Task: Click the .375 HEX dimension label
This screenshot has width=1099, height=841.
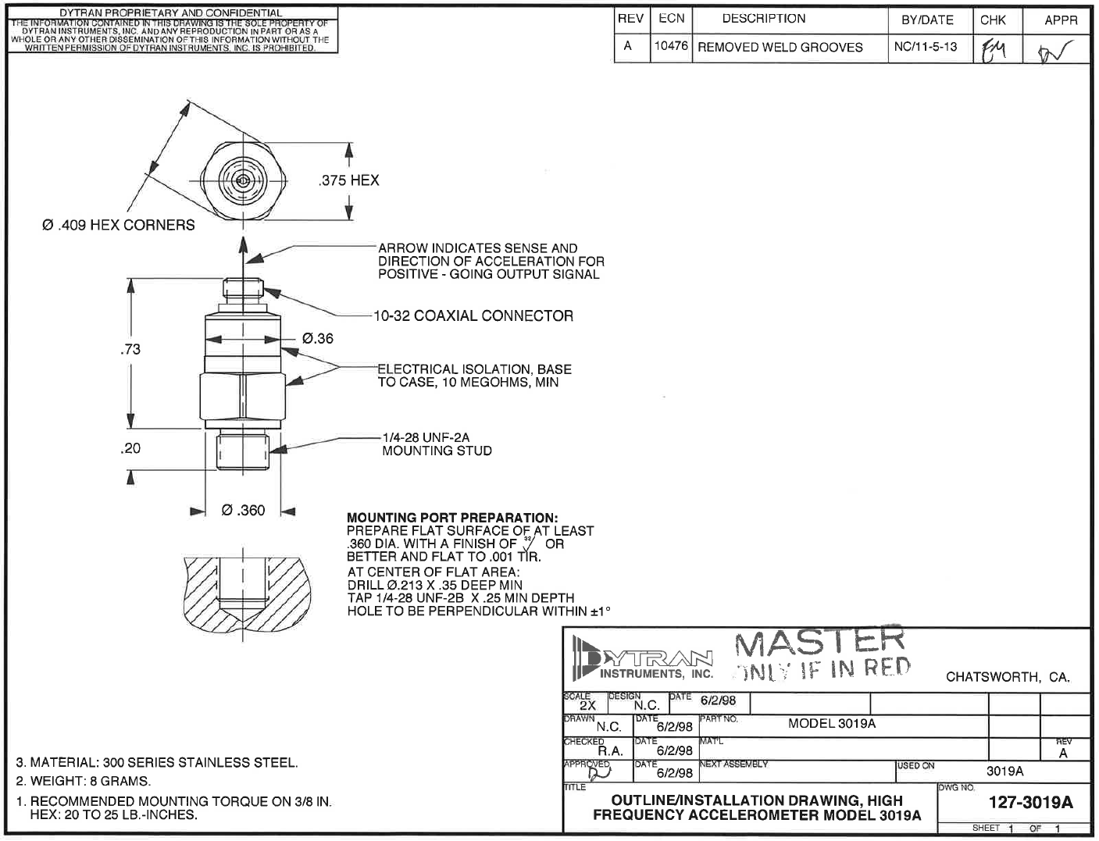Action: click(348, 180)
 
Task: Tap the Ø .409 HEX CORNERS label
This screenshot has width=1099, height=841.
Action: click(119, 225)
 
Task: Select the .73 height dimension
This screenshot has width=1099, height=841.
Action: click(130, 349)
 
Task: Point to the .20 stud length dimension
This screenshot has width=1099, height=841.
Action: click(130, 448)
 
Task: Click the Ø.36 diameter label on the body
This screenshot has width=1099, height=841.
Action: click(317, 338)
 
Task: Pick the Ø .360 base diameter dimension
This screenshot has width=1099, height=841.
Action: click(243, 510)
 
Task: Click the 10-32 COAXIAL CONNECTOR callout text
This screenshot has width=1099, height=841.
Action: click(473, 315)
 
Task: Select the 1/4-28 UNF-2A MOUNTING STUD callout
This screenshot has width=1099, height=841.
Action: click(437, 444)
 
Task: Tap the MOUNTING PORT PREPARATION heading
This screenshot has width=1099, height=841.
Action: click(452, 517)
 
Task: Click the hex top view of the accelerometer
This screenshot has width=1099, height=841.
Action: click(244, 181)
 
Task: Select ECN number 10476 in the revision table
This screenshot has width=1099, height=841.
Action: click(671, 46)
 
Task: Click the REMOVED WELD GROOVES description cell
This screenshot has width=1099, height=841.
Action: click(780, 47)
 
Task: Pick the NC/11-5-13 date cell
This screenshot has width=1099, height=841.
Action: click(925, 47)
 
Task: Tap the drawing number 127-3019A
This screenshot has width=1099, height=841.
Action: click(1030, 803)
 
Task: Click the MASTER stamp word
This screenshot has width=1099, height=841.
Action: click(819, 642)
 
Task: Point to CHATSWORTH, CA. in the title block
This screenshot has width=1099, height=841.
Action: click(1008, 677)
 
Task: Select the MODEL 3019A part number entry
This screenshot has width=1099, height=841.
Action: click(832, 723)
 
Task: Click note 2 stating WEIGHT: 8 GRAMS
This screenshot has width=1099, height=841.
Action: click(84, 781)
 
